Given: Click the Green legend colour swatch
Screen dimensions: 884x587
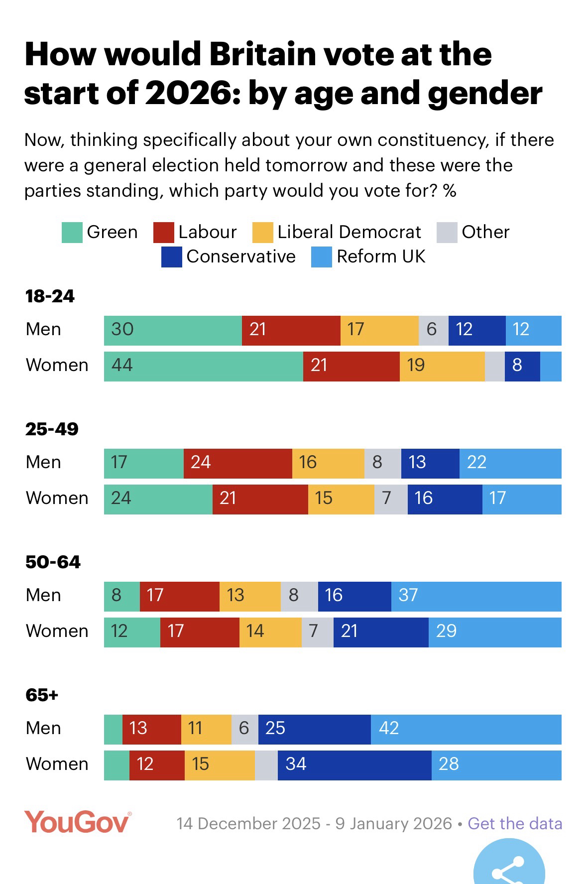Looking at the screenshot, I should pyautogui.click(x=72, y=233).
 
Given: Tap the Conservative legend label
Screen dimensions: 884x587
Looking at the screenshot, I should pyautogui.click(x=241, y=257).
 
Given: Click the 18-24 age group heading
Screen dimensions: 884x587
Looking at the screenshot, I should pyautogui.click(x=50, y=296).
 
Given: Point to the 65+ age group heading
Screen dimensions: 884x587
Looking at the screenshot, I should pyautogui.click(x=42, y=695).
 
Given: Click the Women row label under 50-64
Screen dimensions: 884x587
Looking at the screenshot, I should pyautogui.click(x=57, y=631).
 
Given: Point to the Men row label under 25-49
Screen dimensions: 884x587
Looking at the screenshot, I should pyautogui.click(x=43, y=463).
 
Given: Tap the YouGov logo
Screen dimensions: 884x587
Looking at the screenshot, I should pyautogui.click(x=78, y=823).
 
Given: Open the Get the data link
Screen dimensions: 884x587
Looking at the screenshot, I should pyautogui.click(x=515, y=824).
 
